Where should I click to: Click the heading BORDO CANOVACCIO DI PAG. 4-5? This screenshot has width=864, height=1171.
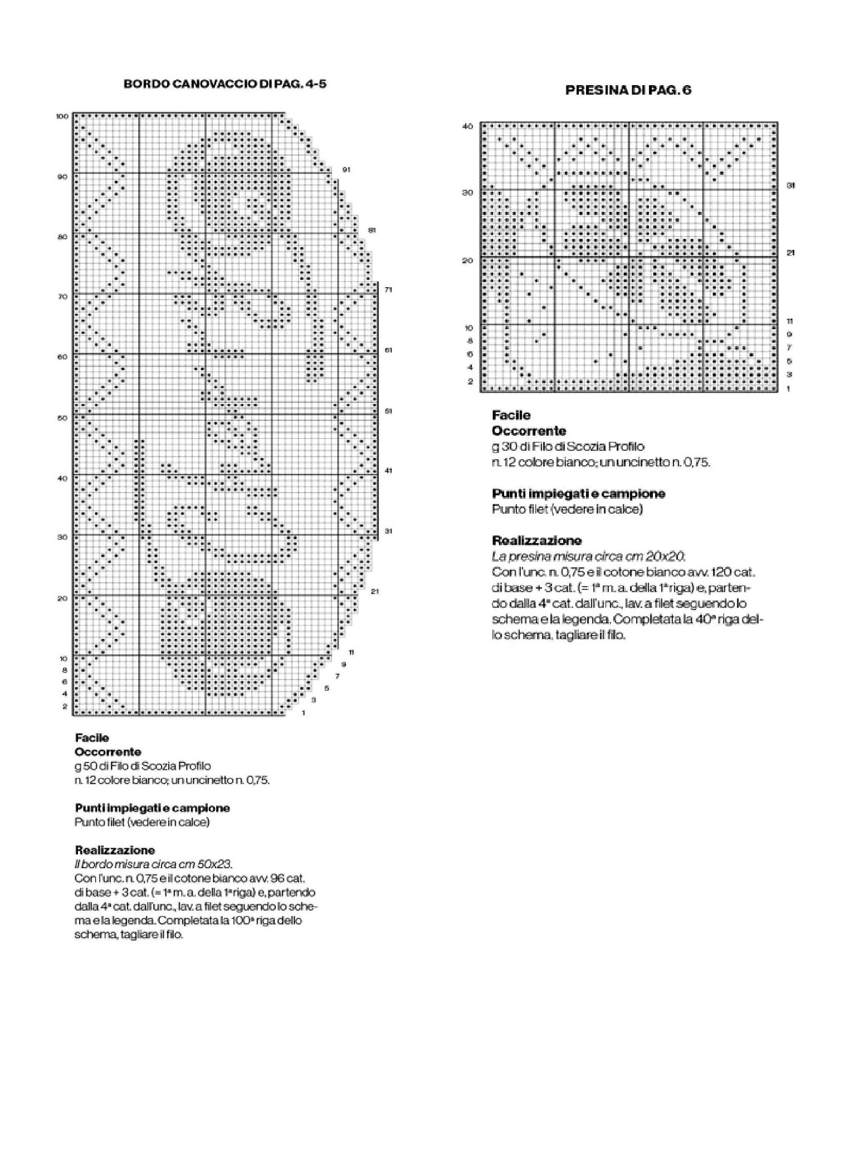tap(224, 84)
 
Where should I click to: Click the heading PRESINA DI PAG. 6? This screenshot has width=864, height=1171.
tap(628, 90)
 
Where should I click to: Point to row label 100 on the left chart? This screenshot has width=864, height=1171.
tap(62, 116)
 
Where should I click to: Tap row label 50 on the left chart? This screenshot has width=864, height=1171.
tap(62, 418)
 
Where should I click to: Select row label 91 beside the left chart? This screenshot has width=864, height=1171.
tap(346, 169)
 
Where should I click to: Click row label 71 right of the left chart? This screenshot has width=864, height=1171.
tap(388, 289)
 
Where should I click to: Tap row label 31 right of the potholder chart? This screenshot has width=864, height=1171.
tap(790, 185)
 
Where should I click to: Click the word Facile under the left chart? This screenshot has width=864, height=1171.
tap(92, 738)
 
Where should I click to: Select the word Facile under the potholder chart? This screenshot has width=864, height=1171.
tap(511, 415)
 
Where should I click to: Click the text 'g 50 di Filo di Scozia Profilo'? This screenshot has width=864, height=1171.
tap(143, 766)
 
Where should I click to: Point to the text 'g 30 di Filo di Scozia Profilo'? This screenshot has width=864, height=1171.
tap(568, 446)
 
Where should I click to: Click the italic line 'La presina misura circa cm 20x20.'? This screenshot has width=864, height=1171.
tap(588, 556)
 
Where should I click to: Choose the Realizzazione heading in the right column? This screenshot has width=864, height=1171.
tap(536, 540)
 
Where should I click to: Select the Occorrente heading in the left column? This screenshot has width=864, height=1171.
tap(108, 752)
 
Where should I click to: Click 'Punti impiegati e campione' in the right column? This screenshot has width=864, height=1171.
tap(578, 494)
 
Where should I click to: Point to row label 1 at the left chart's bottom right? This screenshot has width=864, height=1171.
tap(303, 713)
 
